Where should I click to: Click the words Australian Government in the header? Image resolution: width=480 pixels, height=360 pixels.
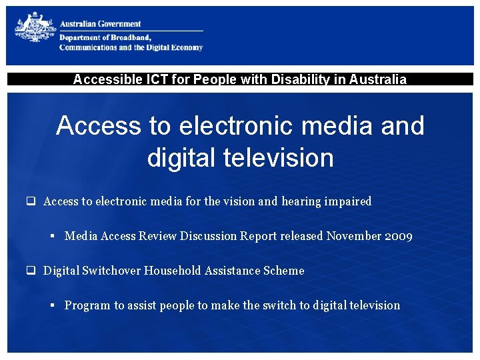click(x=101, y=24)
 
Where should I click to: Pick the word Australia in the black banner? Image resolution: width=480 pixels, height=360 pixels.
click(x=377, y=80)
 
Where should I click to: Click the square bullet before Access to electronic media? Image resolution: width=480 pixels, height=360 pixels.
click(x=31, y=201)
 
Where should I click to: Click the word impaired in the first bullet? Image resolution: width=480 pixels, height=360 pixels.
click(x=347, y=201)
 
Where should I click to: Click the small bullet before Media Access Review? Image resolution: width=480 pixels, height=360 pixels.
click(x=52, y=236)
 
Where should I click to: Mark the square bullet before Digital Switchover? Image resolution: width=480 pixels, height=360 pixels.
click(x=31, y=271)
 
